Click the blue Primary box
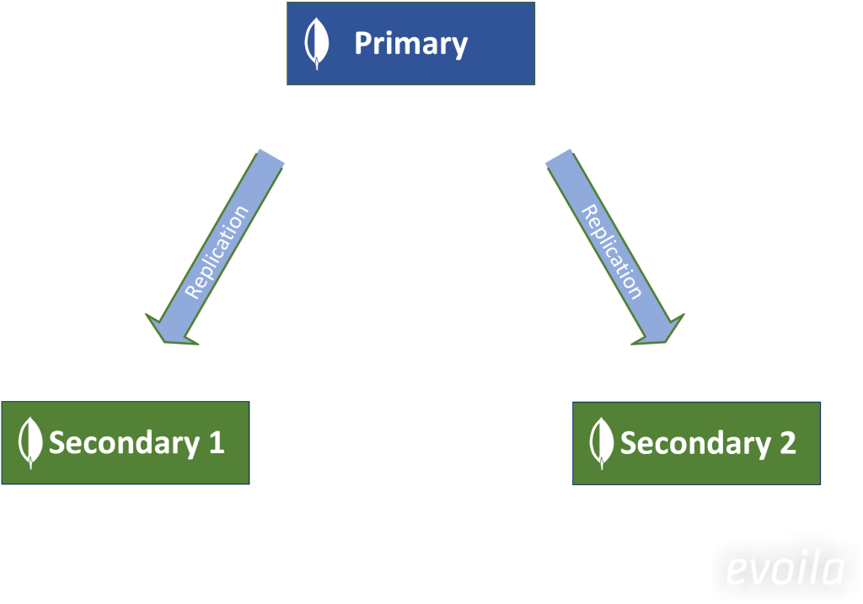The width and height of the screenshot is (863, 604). point(410,43)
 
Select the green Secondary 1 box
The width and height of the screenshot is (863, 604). point(126,442)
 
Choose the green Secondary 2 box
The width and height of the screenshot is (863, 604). point(696,443)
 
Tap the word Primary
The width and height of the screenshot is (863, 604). point(410,43)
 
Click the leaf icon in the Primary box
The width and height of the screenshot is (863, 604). point(316,44)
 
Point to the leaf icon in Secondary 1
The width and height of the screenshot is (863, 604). point(30,443)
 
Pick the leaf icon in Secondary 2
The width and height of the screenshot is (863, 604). point(601,443)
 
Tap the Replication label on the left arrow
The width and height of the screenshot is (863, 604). point(217,251)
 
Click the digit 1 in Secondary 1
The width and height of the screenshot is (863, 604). point(216,443)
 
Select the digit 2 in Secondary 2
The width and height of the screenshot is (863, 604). point(787,443)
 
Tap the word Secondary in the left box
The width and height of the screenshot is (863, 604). point(123,443)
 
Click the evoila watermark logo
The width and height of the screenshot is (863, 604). point(784,571)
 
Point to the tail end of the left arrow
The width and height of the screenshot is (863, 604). point(270,158)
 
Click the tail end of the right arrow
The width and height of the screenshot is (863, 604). point(560,158)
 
